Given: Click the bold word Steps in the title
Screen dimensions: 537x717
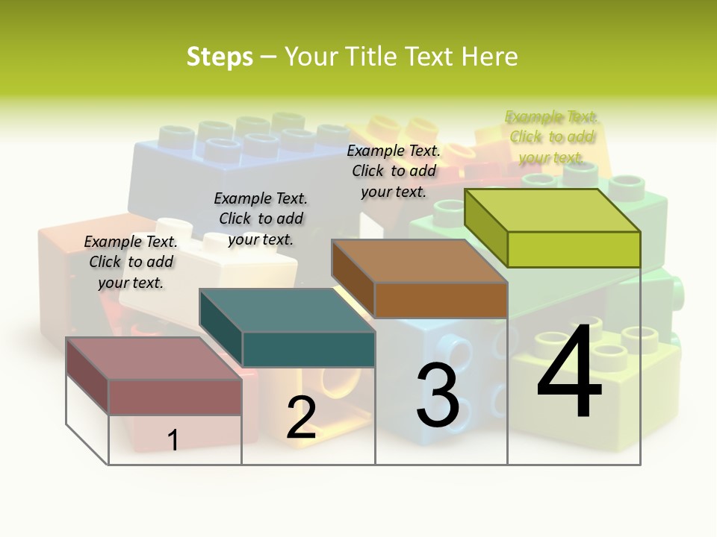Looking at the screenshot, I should click(220, 57).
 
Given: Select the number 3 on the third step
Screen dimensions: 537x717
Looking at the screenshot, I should click(438, 395).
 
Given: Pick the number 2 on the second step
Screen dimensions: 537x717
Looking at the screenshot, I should click(301, 417).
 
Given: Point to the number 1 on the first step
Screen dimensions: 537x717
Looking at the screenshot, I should click(173, 440).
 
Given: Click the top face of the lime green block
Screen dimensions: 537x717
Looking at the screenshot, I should click(553, 210).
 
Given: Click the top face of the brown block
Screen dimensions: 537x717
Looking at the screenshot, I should click(420, 261).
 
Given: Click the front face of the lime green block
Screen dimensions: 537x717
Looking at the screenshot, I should click(574, 249).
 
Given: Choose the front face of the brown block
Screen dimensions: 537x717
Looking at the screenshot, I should click(441, 300).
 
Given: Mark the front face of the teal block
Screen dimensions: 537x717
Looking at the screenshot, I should click(308, 349).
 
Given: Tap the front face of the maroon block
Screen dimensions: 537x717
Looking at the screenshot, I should click(176, 397).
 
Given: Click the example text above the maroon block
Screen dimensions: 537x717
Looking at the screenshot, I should click(131, 262).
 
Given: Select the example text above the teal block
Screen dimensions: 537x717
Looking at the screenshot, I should click(261, 219).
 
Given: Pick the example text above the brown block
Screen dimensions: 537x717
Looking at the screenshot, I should click(394, 171).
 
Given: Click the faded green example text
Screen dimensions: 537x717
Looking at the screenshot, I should click(552, 136).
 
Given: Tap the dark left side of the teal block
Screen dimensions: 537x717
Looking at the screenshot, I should click(221, 328).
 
